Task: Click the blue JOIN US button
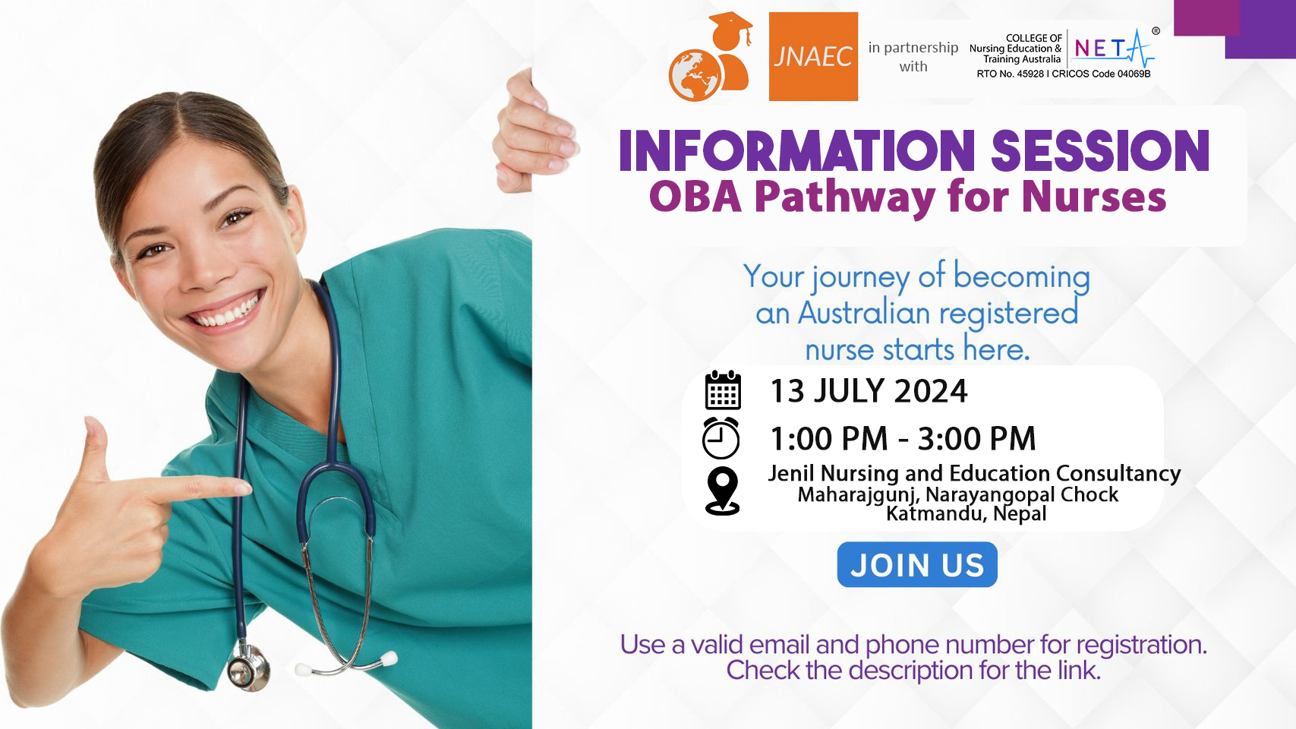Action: coord(917,565)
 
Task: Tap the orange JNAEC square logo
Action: coord(813,57)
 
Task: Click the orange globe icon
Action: coord(695,76)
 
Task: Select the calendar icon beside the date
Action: coord(724,390)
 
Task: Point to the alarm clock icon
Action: coord(721,438)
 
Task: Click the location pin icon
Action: coord(723,491)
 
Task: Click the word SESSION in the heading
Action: coord(1100,151)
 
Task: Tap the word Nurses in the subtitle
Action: coord(1094,197)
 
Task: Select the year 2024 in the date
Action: coord(931,391)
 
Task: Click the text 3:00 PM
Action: coord(976,439)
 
